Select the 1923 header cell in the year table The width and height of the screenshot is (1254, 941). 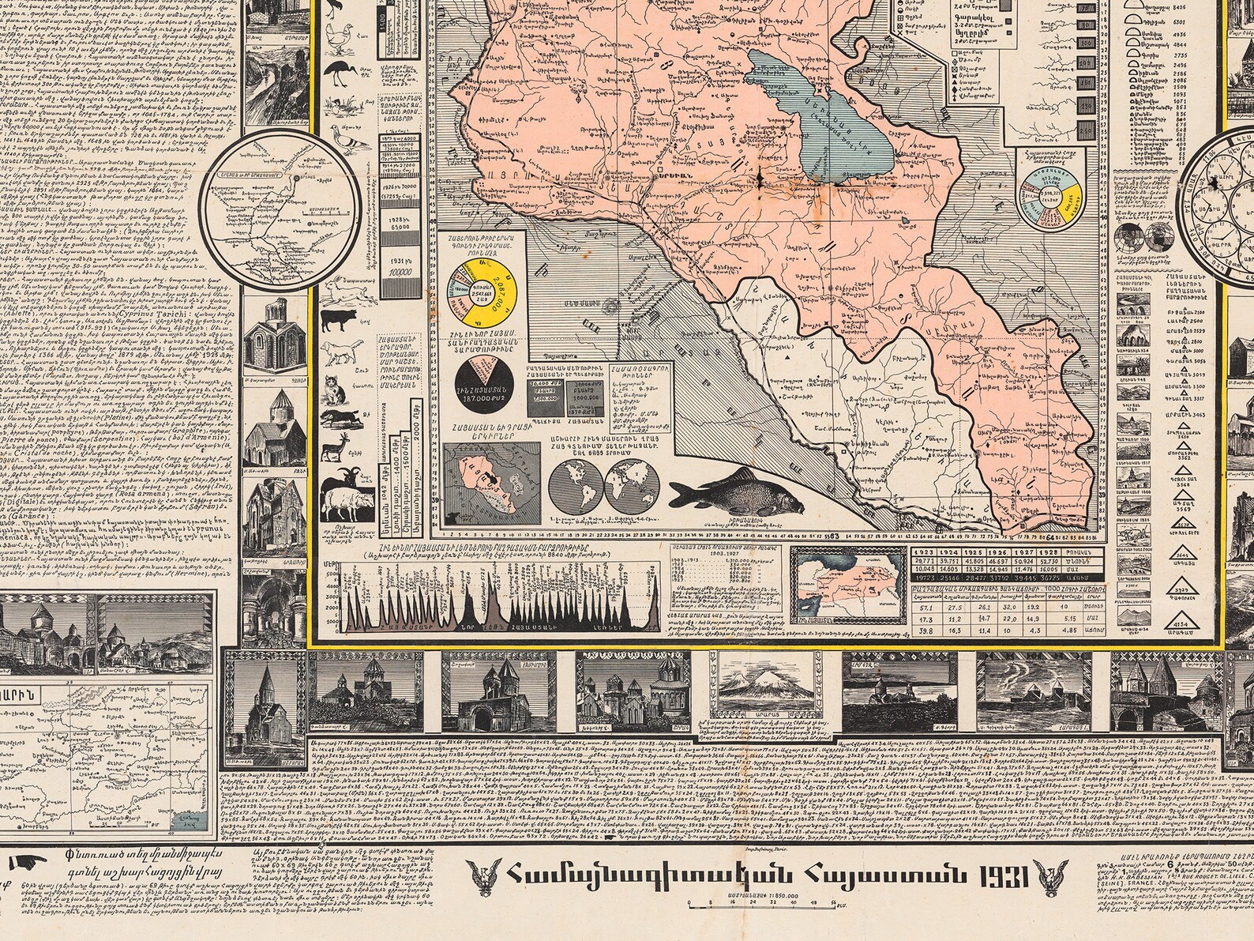pyautogui.click(x=924, y=552)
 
